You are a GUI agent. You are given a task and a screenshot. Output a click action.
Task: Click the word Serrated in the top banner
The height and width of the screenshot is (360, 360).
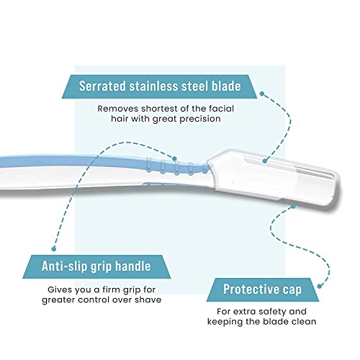coord(102,86)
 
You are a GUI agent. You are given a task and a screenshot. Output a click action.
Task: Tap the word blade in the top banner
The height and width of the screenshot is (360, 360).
coord(226,86)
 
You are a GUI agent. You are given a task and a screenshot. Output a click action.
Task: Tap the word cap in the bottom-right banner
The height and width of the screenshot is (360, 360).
coord(292,290)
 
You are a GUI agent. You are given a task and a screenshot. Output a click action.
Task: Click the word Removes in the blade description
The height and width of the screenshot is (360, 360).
coord(118,109)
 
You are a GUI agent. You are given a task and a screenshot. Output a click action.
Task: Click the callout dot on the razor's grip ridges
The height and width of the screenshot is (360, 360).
coord(174,158)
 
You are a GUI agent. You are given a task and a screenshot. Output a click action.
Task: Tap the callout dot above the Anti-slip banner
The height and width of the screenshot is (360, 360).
coord(54,249)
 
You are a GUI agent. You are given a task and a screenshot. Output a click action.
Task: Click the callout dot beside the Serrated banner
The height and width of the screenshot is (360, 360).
coord(262,94)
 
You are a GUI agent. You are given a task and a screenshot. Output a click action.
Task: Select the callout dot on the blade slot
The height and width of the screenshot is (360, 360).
coord(265,161)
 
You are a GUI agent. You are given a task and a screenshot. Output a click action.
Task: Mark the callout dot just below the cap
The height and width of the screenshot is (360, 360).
coord(293,207)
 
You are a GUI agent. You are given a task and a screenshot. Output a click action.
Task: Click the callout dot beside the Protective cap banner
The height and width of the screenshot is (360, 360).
coord(320,286)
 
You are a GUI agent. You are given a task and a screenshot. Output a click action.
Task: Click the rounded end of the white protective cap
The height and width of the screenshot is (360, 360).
coord(338,189)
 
